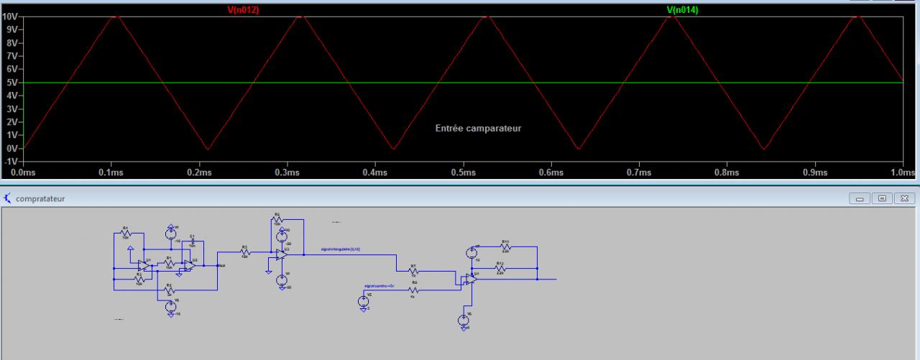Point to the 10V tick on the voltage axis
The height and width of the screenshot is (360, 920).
tap(11, 17)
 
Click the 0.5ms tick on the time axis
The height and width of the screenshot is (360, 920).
tap(463, 172)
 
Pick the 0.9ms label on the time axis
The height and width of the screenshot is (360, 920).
tap(814, 172)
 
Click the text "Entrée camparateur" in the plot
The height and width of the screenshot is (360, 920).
tap(478, 128)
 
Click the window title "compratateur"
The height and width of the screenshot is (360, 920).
tap(40, 198)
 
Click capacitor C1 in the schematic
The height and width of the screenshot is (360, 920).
tap(193, 240)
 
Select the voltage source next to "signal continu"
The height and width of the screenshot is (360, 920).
tap(363, 300)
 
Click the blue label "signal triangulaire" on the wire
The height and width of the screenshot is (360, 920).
tap(345, 249)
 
